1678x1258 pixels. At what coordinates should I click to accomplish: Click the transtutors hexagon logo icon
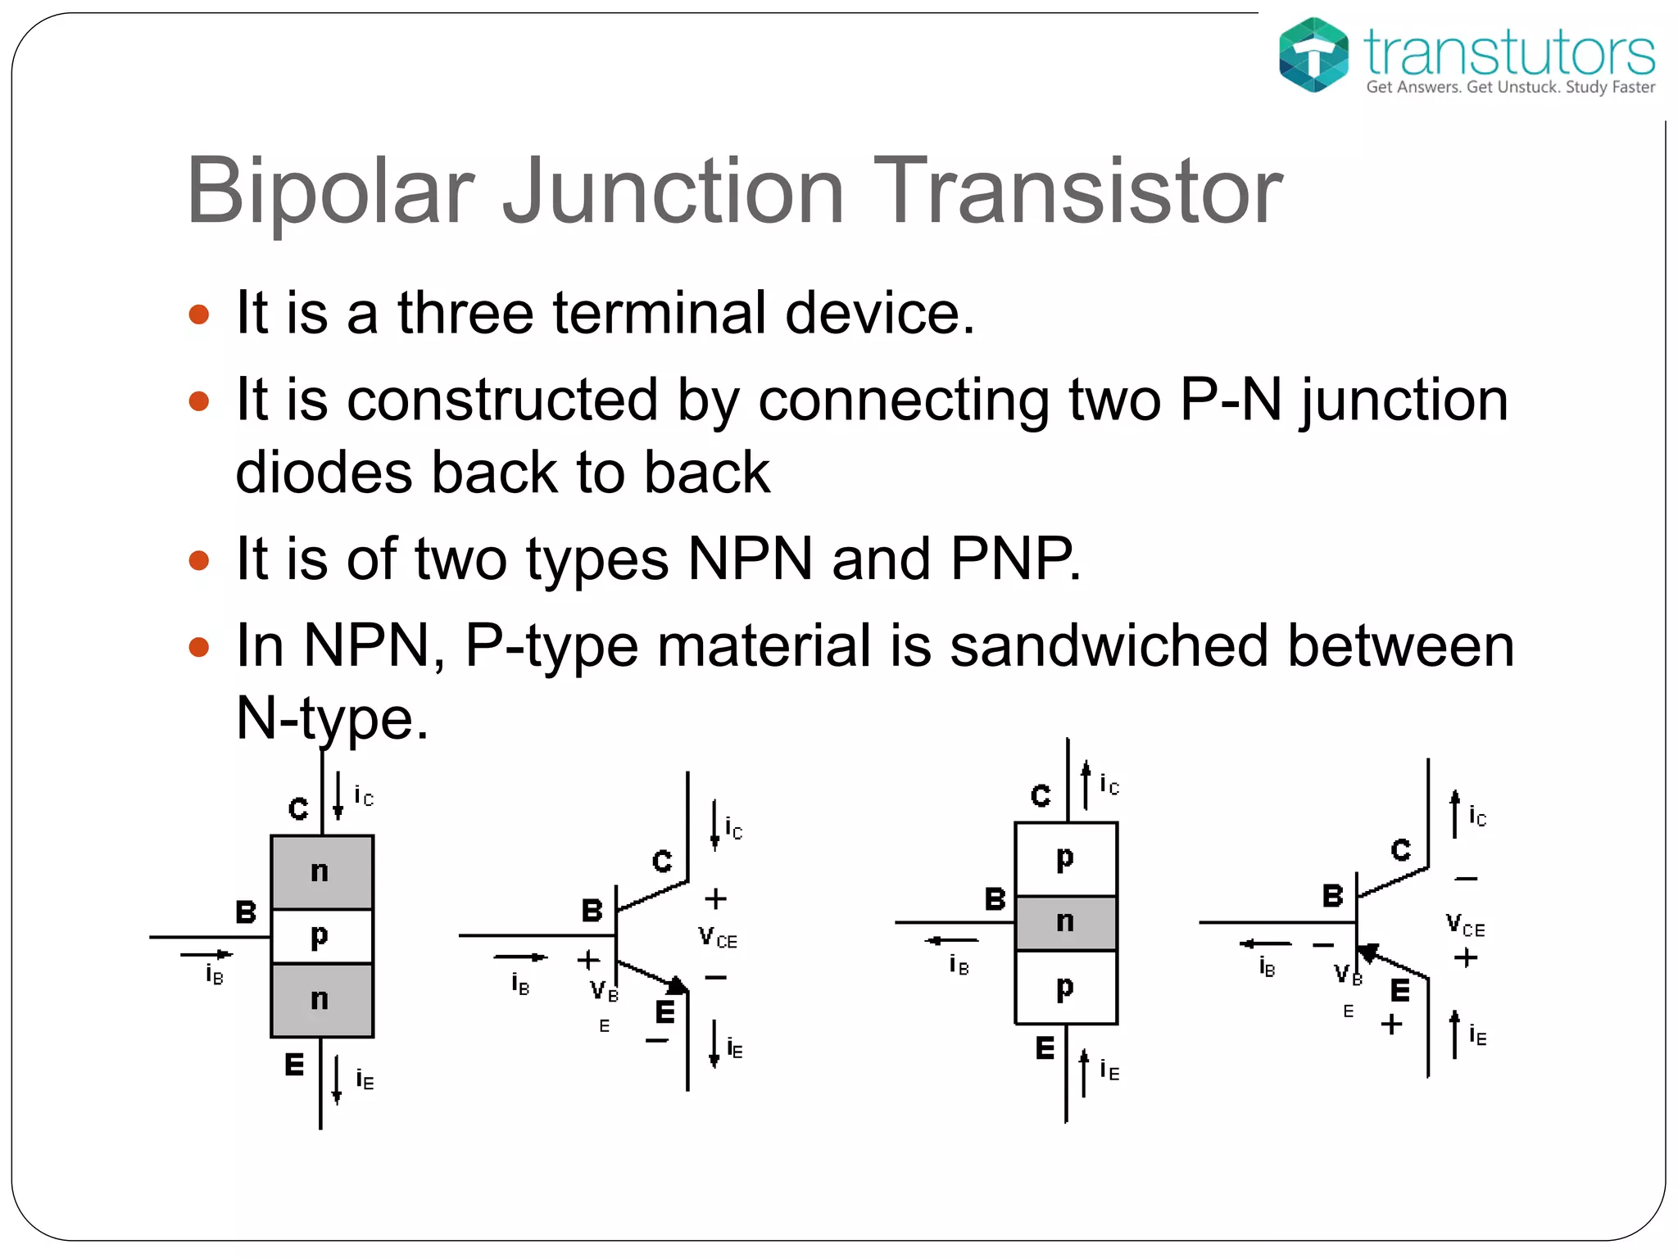click(1313, 54)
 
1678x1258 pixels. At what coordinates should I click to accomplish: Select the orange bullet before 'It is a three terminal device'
click(199, 314)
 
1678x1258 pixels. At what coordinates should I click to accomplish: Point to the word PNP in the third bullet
click(1015, 559)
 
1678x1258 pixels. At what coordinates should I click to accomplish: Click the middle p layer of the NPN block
click(321, 936)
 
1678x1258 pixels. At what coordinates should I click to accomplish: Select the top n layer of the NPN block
click(321, 871)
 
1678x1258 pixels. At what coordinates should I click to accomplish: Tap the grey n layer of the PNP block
click(1065, 922)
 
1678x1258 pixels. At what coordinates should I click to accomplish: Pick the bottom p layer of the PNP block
click(1065, 987)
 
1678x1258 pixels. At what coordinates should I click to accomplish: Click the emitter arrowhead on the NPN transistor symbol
click(677, 984)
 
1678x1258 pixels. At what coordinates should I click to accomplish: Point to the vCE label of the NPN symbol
click(717, 938)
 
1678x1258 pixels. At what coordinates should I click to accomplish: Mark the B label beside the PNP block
click(995, 899)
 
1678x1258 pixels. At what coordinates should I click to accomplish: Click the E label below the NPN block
click(294, 1065)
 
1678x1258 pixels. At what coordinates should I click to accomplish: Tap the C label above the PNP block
click(1041, 795)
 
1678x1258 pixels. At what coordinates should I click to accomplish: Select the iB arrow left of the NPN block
click(206, 954)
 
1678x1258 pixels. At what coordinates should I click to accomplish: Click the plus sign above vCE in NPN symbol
click(715, 898)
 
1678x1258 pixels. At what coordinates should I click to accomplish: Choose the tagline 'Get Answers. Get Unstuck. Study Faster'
click(1510, 88)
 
